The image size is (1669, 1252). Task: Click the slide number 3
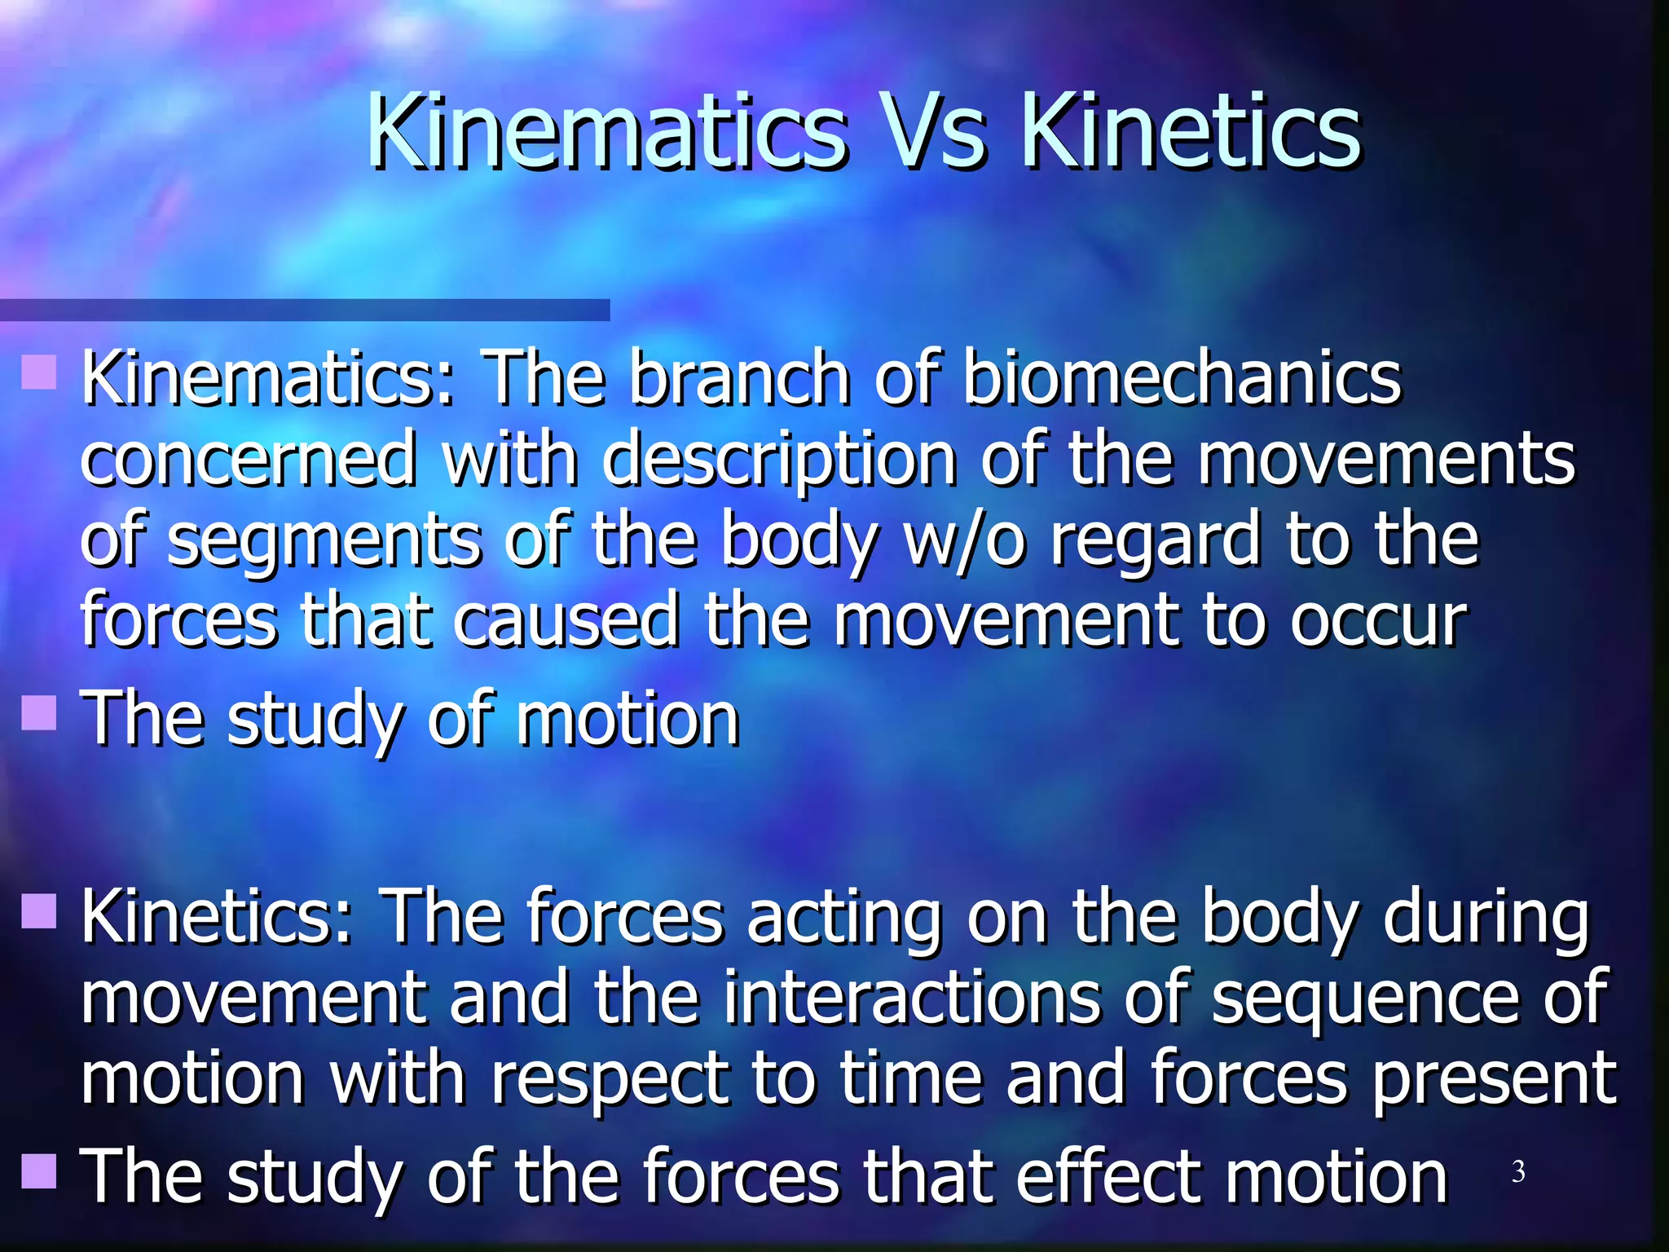point(1518,1171)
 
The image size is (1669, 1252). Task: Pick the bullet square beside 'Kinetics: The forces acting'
point(39,910)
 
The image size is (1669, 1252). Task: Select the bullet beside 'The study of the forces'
point(39,1170)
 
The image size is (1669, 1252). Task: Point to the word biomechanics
point(1182,377)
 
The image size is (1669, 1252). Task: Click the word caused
point(566,621)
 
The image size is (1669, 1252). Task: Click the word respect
point(610,1081)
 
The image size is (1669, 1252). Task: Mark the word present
point(1495,1081)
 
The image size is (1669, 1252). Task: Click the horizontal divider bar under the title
point(305,310)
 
